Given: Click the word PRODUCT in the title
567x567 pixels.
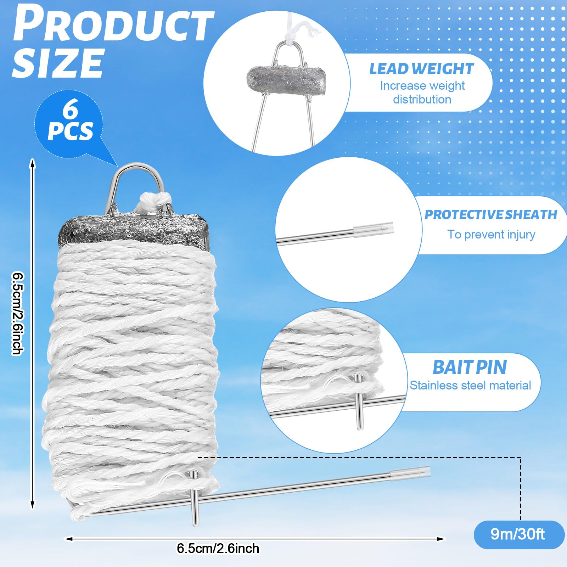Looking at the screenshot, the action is tap(113, 27).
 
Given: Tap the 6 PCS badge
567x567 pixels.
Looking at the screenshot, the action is tap(70, 122).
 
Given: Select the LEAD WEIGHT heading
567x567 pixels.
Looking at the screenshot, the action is tap(421, 69).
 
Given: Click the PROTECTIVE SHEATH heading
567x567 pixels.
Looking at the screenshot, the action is tap(491, 214).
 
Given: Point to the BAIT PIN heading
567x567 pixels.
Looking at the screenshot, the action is tap(470, 367).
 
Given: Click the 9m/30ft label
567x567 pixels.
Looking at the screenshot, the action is tap(518, 534).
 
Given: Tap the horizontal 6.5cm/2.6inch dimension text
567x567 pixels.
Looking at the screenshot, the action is tap(218, 548).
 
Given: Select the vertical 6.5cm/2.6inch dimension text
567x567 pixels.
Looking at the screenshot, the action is tap(18, 313).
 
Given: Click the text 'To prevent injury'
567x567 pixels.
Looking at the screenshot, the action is tap(491, 234).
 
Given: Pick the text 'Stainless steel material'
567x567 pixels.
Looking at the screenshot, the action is tap(470, 385).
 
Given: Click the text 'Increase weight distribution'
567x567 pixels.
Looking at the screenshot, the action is tap(422, 92).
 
